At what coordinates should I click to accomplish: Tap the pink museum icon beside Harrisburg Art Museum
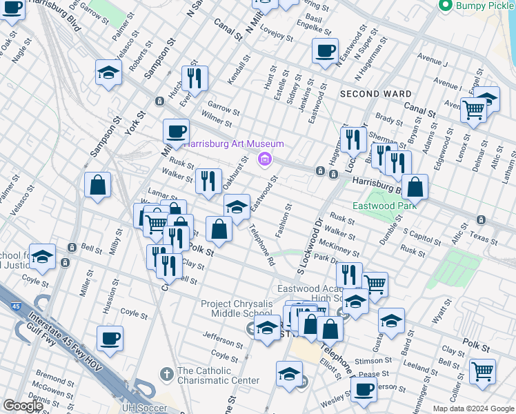(x=264, y=160)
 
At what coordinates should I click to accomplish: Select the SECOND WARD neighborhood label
(x=375, y=94)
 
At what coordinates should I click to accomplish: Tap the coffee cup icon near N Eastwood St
(x=325, y=50)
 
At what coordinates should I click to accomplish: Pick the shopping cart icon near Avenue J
(x=473, y=109)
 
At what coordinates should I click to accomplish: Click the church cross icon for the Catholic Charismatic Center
(x=166, y=374)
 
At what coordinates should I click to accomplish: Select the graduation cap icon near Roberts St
(x=108, y=72)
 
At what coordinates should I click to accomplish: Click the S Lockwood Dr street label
(x=309, y=246)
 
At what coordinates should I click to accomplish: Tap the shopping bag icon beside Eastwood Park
(x=415, y=187)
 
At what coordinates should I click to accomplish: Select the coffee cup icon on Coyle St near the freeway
(x=110, y=338)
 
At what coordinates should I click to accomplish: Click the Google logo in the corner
(x=23, y=406)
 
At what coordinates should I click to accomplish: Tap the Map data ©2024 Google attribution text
(x=473, y=408)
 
